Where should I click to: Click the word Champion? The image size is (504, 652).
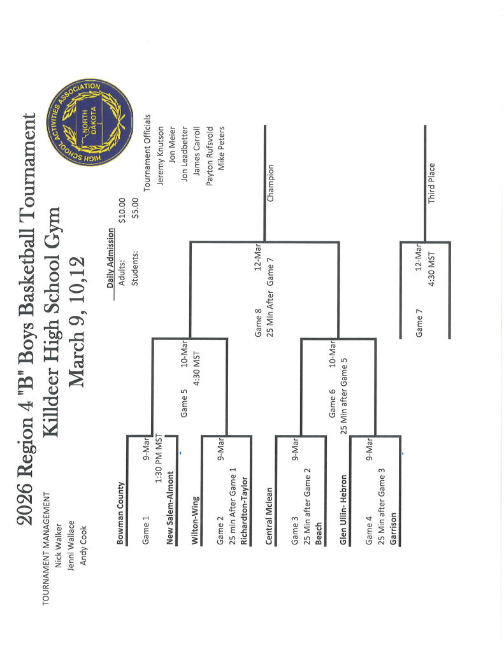[270, 183]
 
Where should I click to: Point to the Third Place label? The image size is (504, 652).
[431, 183]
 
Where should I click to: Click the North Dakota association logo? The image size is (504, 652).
[90, 121]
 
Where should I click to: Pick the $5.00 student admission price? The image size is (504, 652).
[134, 211]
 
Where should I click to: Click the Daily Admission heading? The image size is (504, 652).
[110, 258]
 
